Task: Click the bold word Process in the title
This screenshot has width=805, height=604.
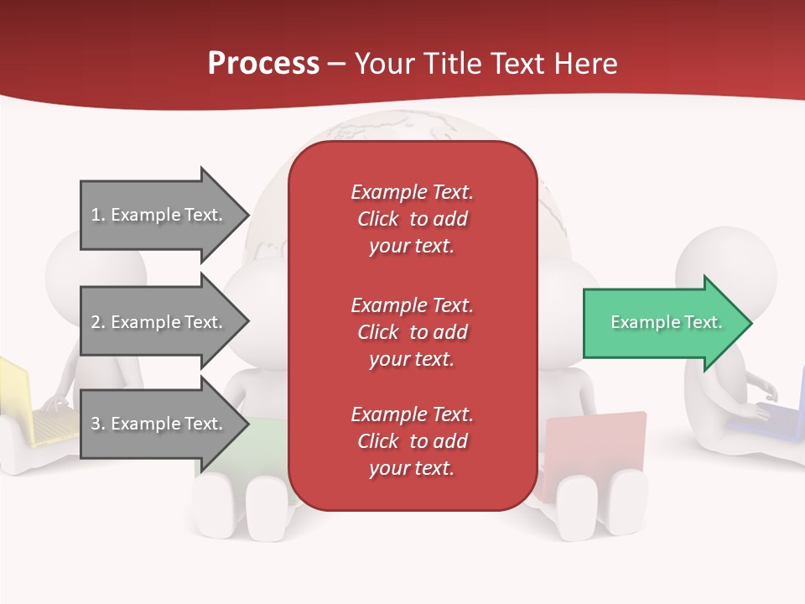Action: pyautogui.click(x=263, y=64)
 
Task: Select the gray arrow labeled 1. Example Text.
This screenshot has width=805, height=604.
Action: pyautogui.click(x=159, y=215)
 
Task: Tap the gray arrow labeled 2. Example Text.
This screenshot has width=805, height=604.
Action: pyautogui.click(x=159, y=322)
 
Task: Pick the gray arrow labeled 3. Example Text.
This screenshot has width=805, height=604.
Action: pyautogui.click(x=159, y=424)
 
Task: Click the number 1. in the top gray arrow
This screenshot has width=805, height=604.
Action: pyautogui.click(x=98, y=215)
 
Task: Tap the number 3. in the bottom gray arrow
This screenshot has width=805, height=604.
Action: pyautogui.click(x=98, y=424)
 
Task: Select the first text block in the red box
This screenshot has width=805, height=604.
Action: pyautogui.click(x=412, y=219)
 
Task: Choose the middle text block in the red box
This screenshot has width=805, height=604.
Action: pyautogui.click(x=412, y=332)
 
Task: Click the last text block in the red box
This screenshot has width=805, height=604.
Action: pyautogui.click(x=412, y=441)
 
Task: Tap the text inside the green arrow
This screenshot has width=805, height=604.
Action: pyautogui.click(x=666, y=322)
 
